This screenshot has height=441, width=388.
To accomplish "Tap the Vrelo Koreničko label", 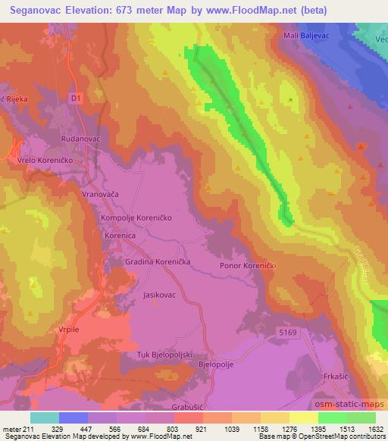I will click(x=39, y=160).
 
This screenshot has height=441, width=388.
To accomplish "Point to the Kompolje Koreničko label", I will click(x=138, y=217).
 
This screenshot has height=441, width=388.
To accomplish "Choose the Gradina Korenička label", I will click(x=158, y=261).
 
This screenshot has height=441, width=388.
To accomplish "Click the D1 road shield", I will click(x=74, y=98).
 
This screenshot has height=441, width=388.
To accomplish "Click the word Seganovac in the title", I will click(x=35, y=8).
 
